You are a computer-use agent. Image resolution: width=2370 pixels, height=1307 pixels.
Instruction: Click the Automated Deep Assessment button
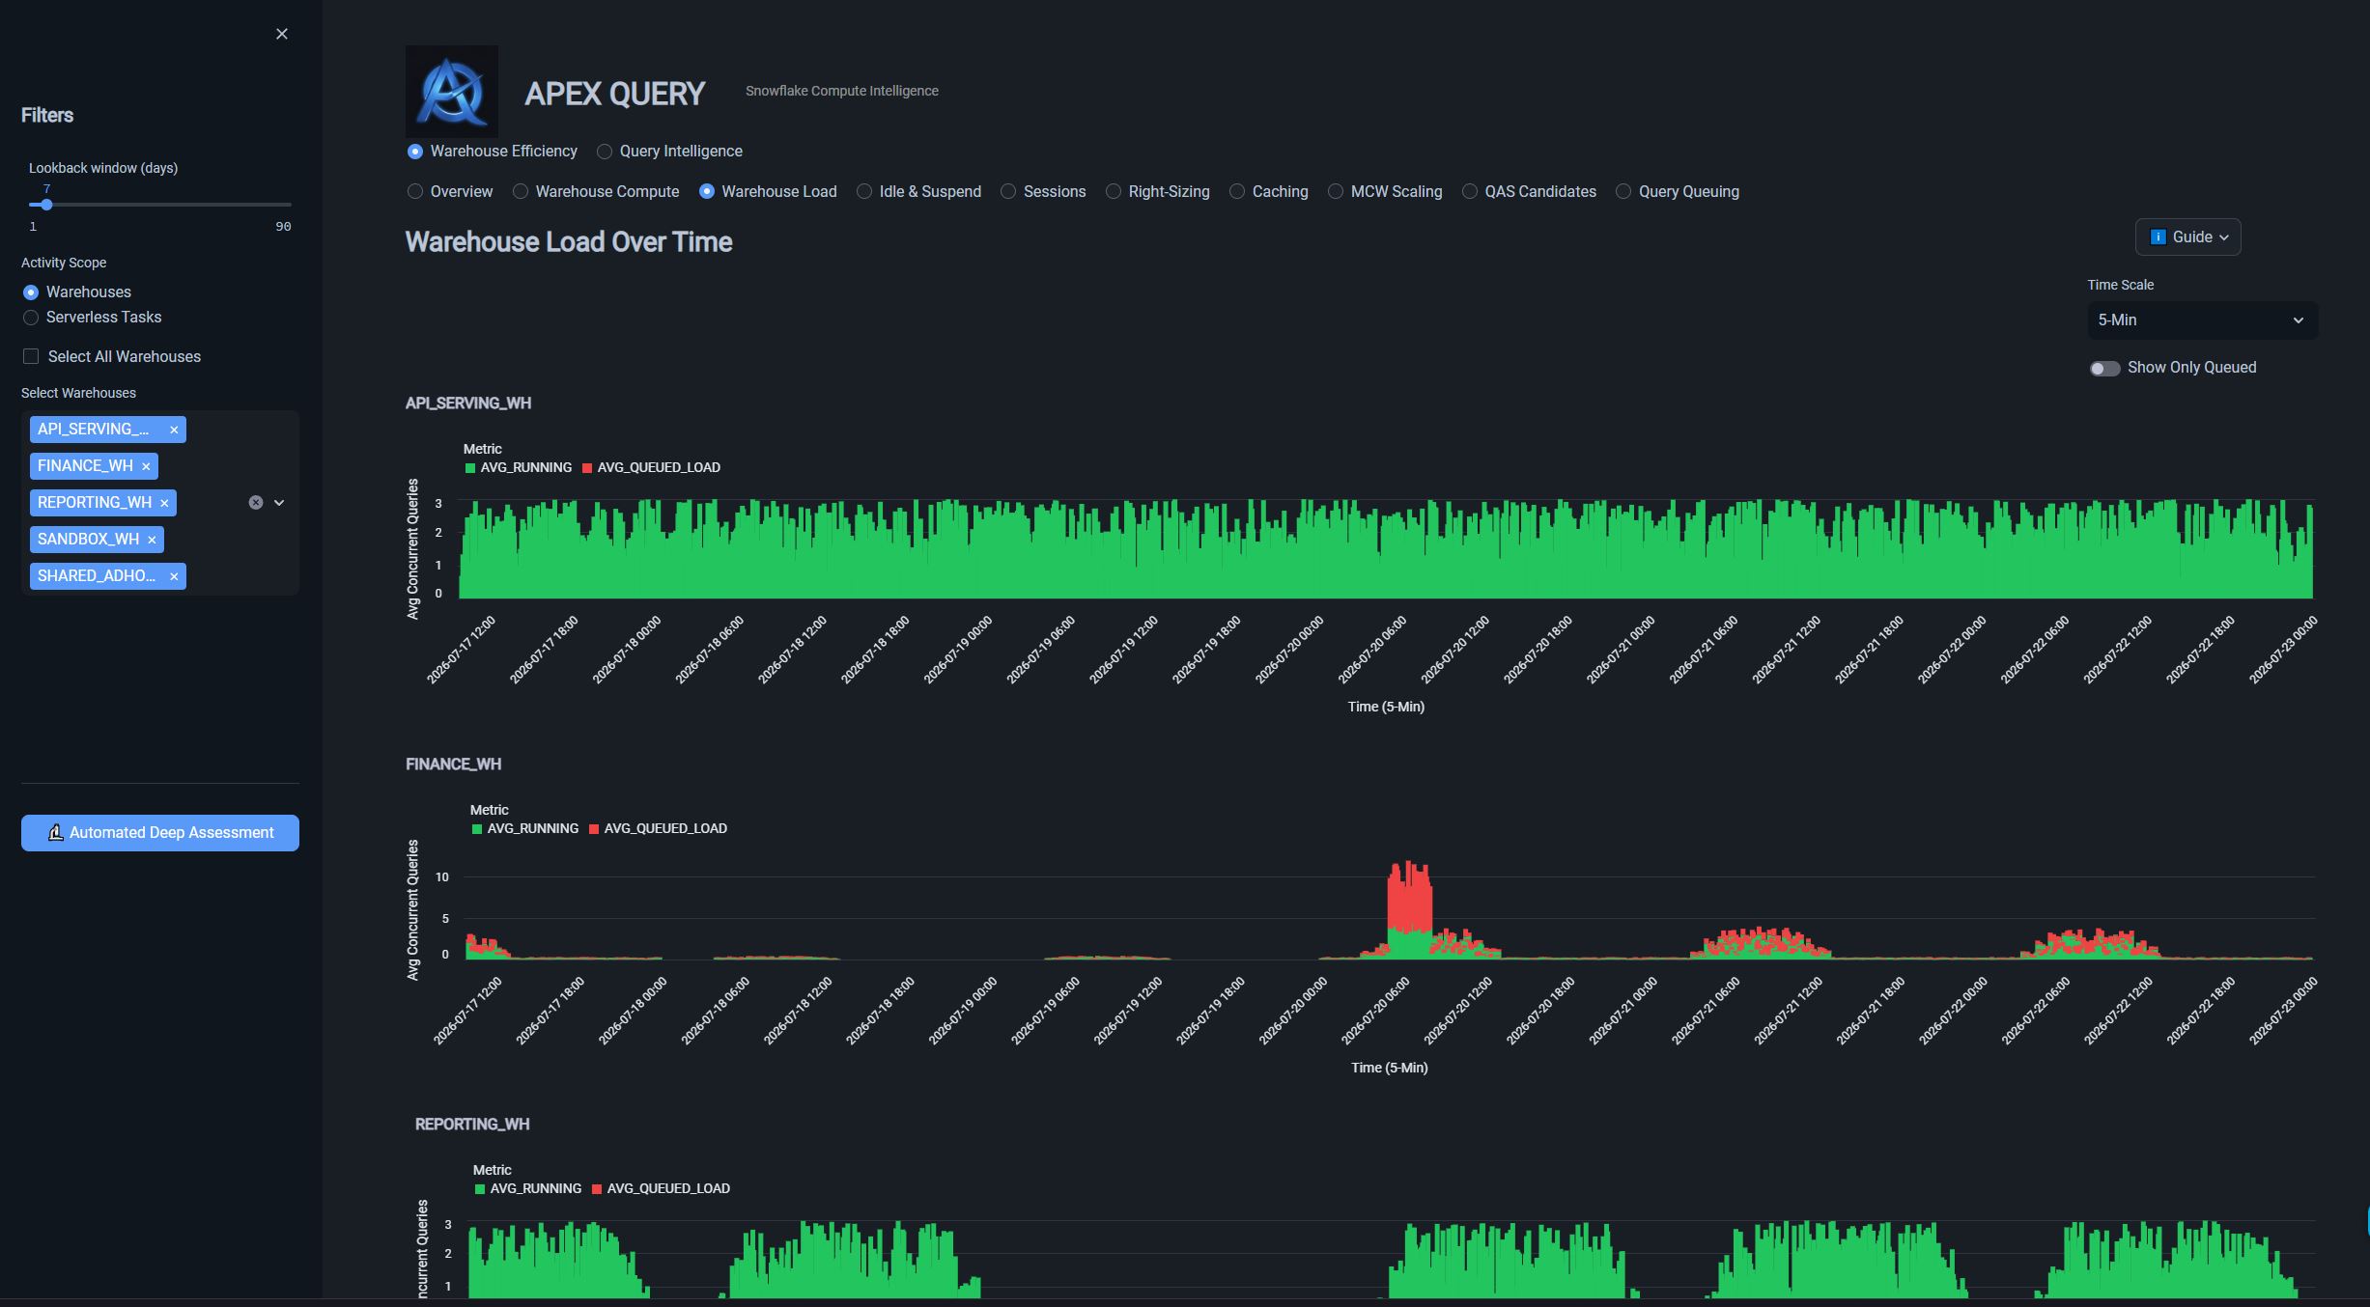click(x=160, y=833)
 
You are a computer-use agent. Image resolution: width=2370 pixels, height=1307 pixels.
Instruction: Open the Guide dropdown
click(x=2187, y=237)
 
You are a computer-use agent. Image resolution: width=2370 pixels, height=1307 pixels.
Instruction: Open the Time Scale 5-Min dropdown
click(x=2202, y=320)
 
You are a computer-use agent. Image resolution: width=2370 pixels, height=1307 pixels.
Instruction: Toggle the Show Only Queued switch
click(x=2104, y=369)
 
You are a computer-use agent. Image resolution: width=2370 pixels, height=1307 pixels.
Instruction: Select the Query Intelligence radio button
click(x=605, y=152)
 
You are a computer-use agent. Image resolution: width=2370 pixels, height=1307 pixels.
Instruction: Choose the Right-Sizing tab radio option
click(x=1114, y=192)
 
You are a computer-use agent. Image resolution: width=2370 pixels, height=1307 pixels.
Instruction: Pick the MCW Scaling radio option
click(x=1336, y=192)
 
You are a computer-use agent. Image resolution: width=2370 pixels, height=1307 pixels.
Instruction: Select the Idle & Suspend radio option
click(x=864, y=192)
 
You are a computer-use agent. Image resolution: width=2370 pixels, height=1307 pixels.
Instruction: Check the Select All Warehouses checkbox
click(x=31, y=357)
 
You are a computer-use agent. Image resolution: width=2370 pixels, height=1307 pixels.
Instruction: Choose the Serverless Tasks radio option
click(x=31, y=318)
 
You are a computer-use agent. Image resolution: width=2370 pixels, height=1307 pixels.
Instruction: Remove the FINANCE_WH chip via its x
click(x=146, y=467)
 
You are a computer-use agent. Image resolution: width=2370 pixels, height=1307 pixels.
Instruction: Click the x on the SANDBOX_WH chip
click(x=152, y=541)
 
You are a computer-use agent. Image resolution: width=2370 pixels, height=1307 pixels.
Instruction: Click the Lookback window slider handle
click(x=46, y=205)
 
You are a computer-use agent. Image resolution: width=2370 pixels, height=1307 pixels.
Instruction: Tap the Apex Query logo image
click(x=452, y=92)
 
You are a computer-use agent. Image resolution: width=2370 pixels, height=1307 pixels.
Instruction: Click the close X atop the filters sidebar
click(x=282, y=34)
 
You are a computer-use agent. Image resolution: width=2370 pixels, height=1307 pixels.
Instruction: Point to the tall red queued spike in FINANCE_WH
click(x=1410, y=896)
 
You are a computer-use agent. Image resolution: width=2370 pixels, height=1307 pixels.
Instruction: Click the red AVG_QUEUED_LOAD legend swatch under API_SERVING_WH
click(x=587, y=468)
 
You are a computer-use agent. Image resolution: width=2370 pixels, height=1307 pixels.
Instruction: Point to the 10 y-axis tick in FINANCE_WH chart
click(x=442, y=877)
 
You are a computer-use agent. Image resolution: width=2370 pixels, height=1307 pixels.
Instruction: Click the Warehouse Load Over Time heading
click(x=569, y=242)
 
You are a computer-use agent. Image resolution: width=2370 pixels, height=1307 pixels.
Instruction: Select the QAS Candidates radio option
click(x=1470, y=192)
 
